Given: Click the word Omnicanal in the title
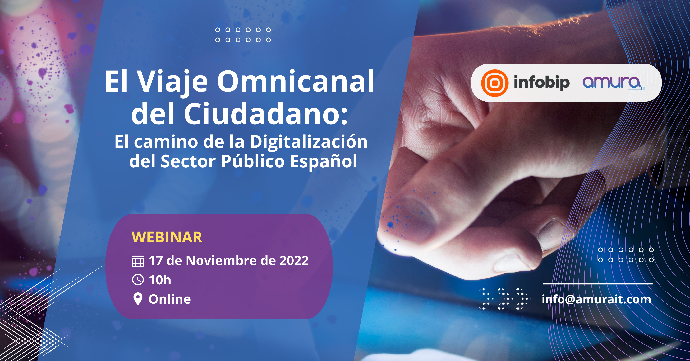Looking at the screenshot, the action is pyautogui.click(x=295, y=81).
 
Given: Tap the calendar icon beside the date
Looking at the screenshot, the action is pyautogui.click(x=138, y=261).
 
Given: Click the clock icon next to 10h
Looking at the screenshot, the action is pyautogui.click(x=138, y=280).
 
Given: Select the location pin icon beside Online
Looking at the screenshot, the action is pyautogui.click(x=138, y=299).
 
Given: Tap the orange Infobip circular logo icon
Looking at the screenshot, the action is pyautogui.click(x=495, y=83).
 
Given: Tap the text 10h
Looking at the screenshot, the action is pyautogui.click(x=160, y=280).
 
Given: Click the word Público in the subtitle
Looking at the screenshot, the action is pyautogui.click(x=253, y=161).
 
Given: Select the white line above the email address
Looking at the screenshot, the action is pyautogui.click(x=598, y=283).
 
